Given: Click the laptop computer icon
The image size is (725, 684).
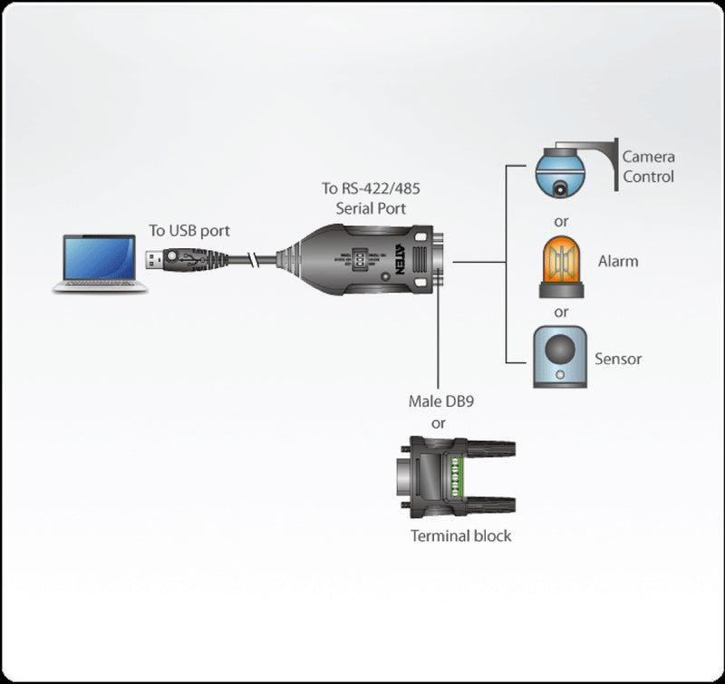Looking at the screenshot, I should point(100,263).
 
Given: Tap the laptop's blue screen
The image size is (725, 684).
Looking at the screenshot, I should point(100,256).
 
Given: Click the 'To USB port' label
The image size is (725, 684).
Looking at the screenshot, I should point(189,231).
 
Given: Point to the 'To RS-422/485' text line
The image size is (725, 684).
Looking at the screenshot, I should point(371,188).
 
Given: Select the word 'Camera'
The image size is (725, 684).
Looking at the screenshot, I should point(648,157).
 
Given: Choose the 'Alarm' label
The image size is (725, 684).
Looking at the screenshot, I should point(618,261).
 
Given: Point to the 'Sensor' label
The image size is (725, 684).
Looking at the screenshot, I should point(618,359).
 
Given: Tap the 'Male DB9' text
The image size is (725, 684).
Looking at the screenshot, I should point(440,400).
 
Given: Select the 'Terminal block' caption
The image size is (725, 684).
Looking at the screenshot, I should point(460,535).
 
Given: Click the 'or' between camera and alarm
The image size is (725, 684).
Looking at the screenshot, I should point(561,220).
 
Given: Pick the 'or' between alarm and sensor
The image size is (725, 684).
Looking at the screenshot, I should point(561,312).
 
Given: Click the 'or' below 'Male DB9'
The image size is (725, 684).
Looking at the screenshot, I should point(439,422).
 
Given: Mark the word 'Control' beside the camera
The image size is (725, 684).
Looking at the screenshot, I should point(648,177).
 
